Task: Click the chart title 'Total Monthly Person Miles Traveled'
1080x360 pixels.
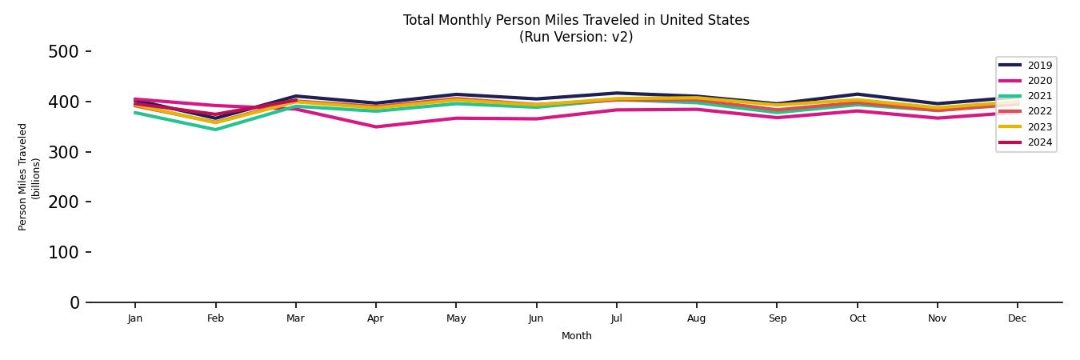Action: click(576, 20)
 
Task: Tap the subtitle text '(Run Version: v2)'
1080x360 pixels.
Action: click(576, 37)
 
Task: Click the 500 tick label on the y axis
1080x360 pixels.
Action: click(63, 52)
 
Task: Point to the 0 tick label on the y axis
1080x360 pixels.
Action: click(74, 302)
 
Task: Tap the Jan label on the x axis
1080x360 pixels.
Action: click(134, 318)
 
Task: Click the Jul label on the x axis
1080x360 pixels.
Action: click(616, 318)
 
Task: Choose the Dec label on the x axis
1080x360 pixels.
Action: click(1017, 318)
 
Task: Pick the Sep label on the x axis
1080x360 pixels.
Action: click(777, 318)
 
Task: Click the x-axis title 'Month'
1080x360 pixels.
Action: click(576, 336)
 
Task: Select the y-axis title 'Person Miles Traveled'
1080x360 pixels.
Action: click(23, 177)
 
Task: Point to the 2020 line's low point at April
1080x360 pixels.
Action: click(375, 126)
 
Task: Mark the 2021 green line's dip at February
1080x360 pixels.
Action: click(215, 130)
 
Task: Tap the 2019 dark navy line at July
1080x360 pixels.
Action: click(616, 93)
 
